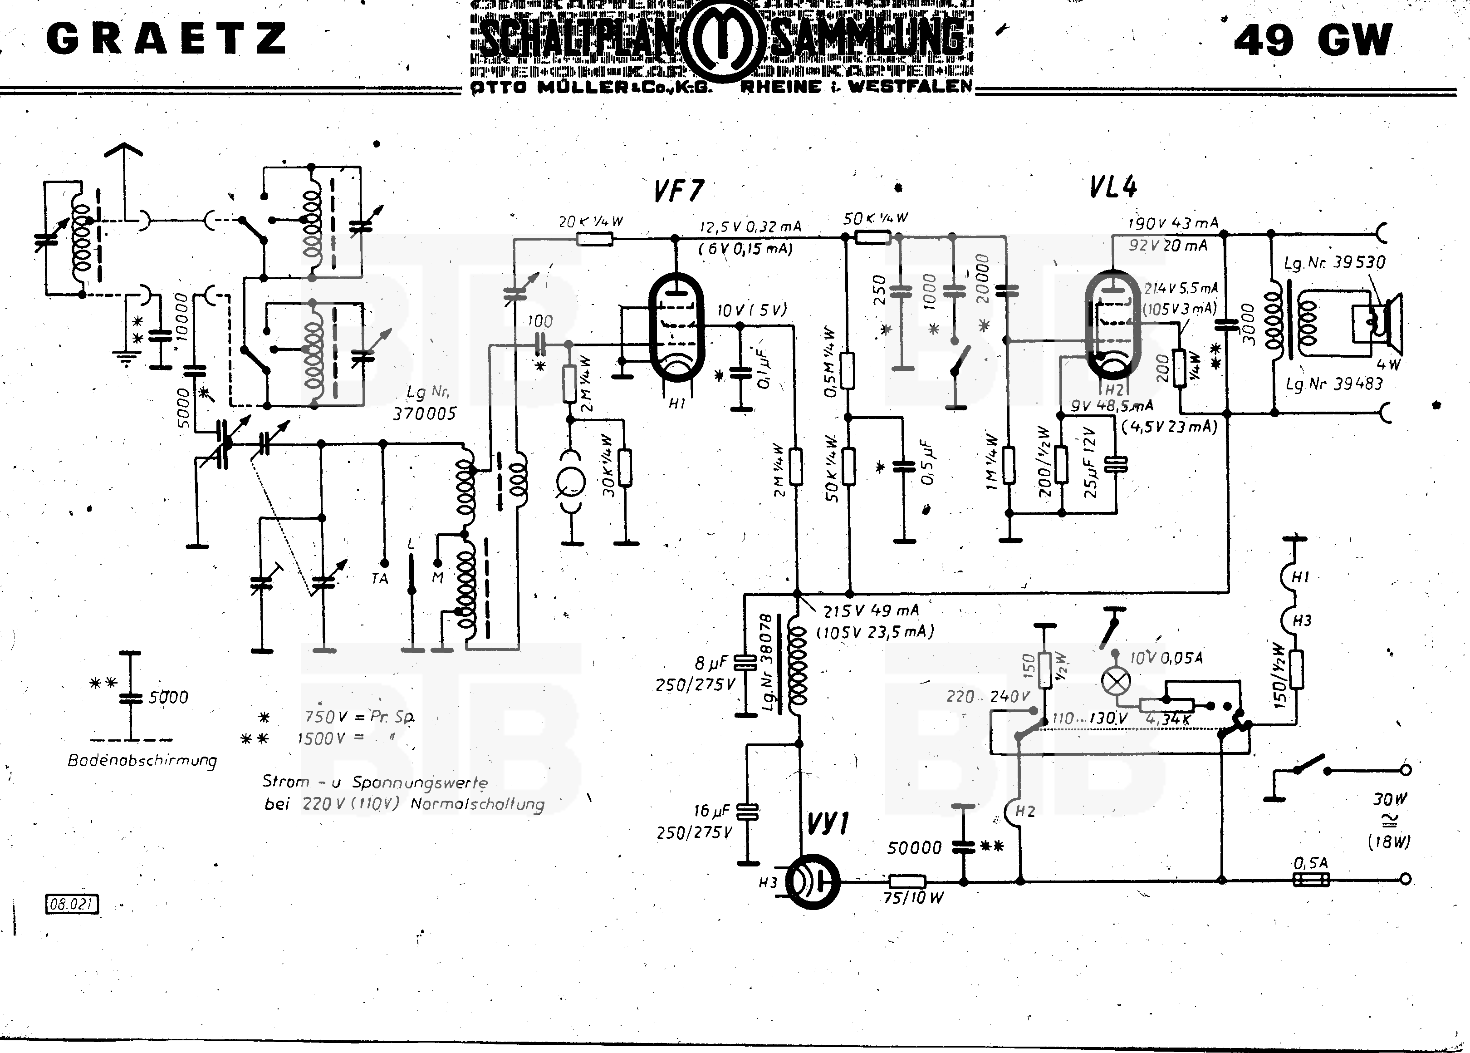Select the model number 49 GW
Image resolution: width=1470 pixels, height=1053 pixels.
(x=1313, y=40)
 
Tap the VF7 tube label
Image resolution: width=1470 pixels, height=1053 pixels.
(x=678, y=190)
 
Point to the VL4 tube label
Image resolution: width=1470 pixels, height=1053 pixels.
(x=1113, y=187)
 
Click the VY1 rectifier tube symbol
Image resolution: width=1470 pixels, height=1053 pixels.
(x=812, y=882)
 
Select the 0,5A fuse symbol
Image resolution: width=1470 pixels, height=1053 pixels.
(x=1311, y=880)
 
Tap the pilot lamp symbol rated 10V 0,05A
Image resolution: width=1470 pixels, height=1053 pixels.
(x=1116, y=680)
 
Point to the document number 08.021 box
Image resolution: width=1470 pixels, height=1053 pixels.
(x=71, y=904)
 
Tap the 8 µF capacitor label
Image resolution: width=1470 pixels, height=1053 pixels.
(x=711, y=663)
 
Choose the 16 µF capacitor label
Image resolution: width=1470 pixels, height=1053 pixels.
(x=711, y=811)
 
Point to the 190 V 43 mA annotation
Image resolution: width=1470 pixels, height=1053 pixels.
(x=1173, y=224)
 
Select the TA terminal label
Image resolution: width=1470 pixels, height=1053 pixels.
(x=380, y=578)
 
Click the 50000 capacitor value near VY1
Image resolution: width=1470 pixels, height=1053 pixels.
(x=914, y=847)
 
